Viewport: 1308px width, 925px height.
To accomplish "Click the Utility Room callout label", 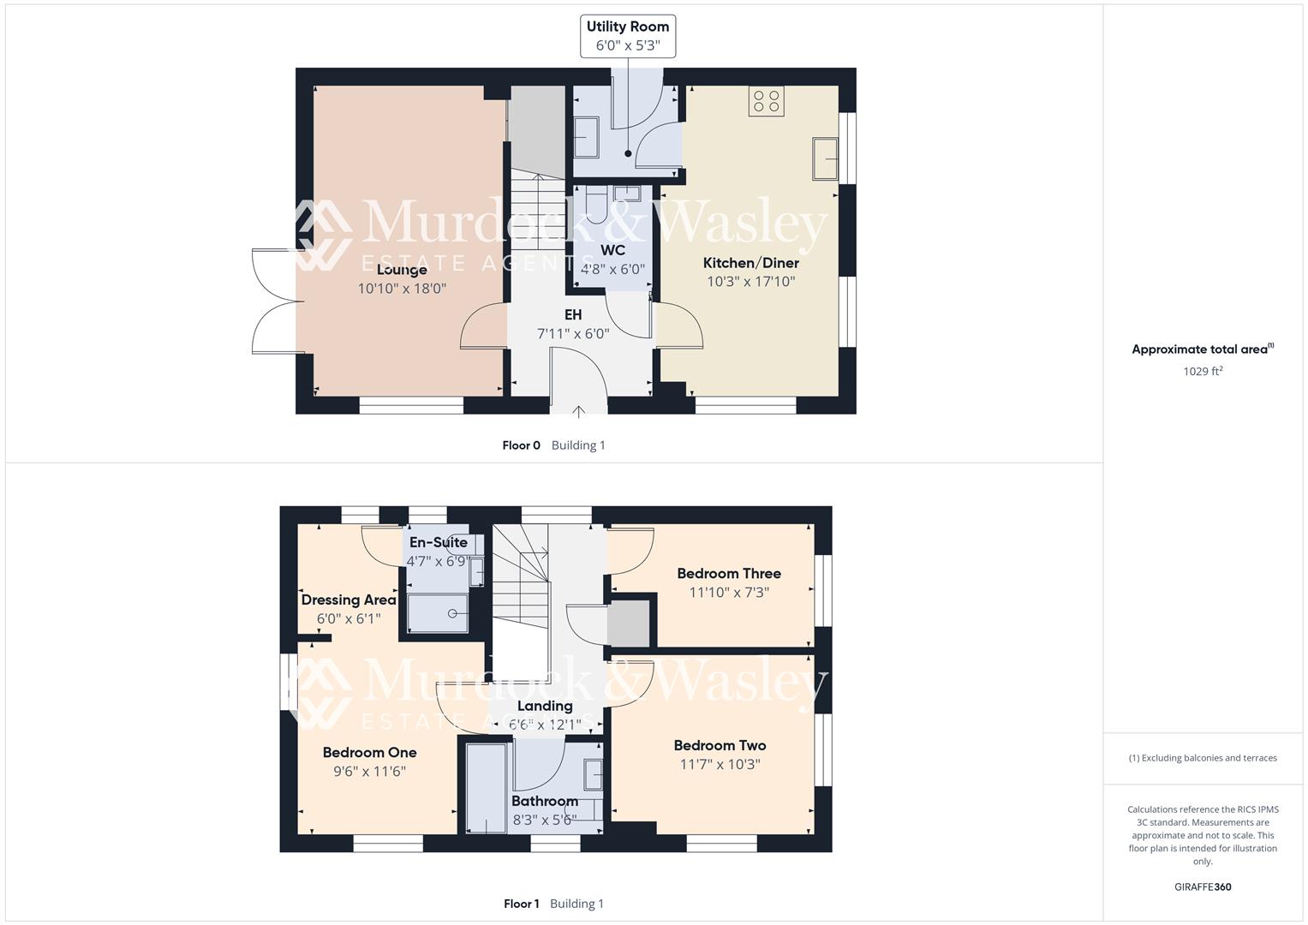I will tap(627, 36).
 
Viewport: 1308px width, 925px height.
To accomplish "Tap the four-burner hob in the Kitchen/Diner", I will tap(766, 101).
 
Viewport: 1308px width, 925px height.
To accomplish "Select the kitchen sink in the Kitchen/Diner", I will tap(826, 158).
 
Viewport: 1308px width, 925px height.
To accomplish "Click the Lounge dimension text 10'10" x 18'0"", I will tap(402, 289).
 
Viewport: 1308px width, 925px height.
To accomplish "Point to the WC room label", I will tap(612, 250).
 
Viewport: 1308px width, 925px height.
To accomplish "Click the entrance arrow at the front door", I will tap(578, 411).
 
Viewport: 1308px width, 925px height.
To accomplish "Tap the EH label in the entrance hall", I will tap(572, 314).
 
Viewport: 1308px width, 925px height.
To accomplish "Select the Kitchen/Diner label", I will tap(750, 263).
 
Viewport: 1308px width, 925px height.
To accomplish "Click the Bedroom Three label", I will tap(728, 574).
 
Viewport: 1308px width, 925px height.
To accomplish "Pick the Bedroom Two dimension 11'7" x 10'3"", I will tap(720, 765).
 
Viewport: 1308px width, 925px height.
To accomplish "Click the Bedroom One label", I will tap(369, 753).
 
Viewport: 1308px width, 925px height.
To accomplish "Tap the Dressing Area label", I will tap(348, 600).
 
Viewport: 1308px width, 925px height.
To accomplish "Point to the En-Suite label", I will tap(438, 542).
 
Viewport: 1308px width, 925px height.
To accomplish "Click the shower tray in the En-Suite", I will tap(438, 613).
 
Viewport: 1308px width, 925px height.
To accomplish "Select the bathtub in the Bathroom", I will tap(486, 788).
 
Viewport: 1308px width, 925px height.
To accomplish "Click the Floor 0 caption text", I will tap(521, 445).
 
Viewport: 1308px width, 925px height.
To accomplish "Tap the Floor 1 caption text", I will tap(521, 904).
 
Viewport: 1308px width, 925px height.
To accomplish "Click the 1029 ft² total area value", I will tap(1202, 372).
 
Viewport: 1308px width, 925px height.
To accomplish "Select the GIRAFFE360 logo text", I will tap(1202, 886).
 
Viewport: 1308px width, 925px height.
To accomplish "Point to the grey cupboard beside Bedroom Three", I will tap(629, 624).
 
